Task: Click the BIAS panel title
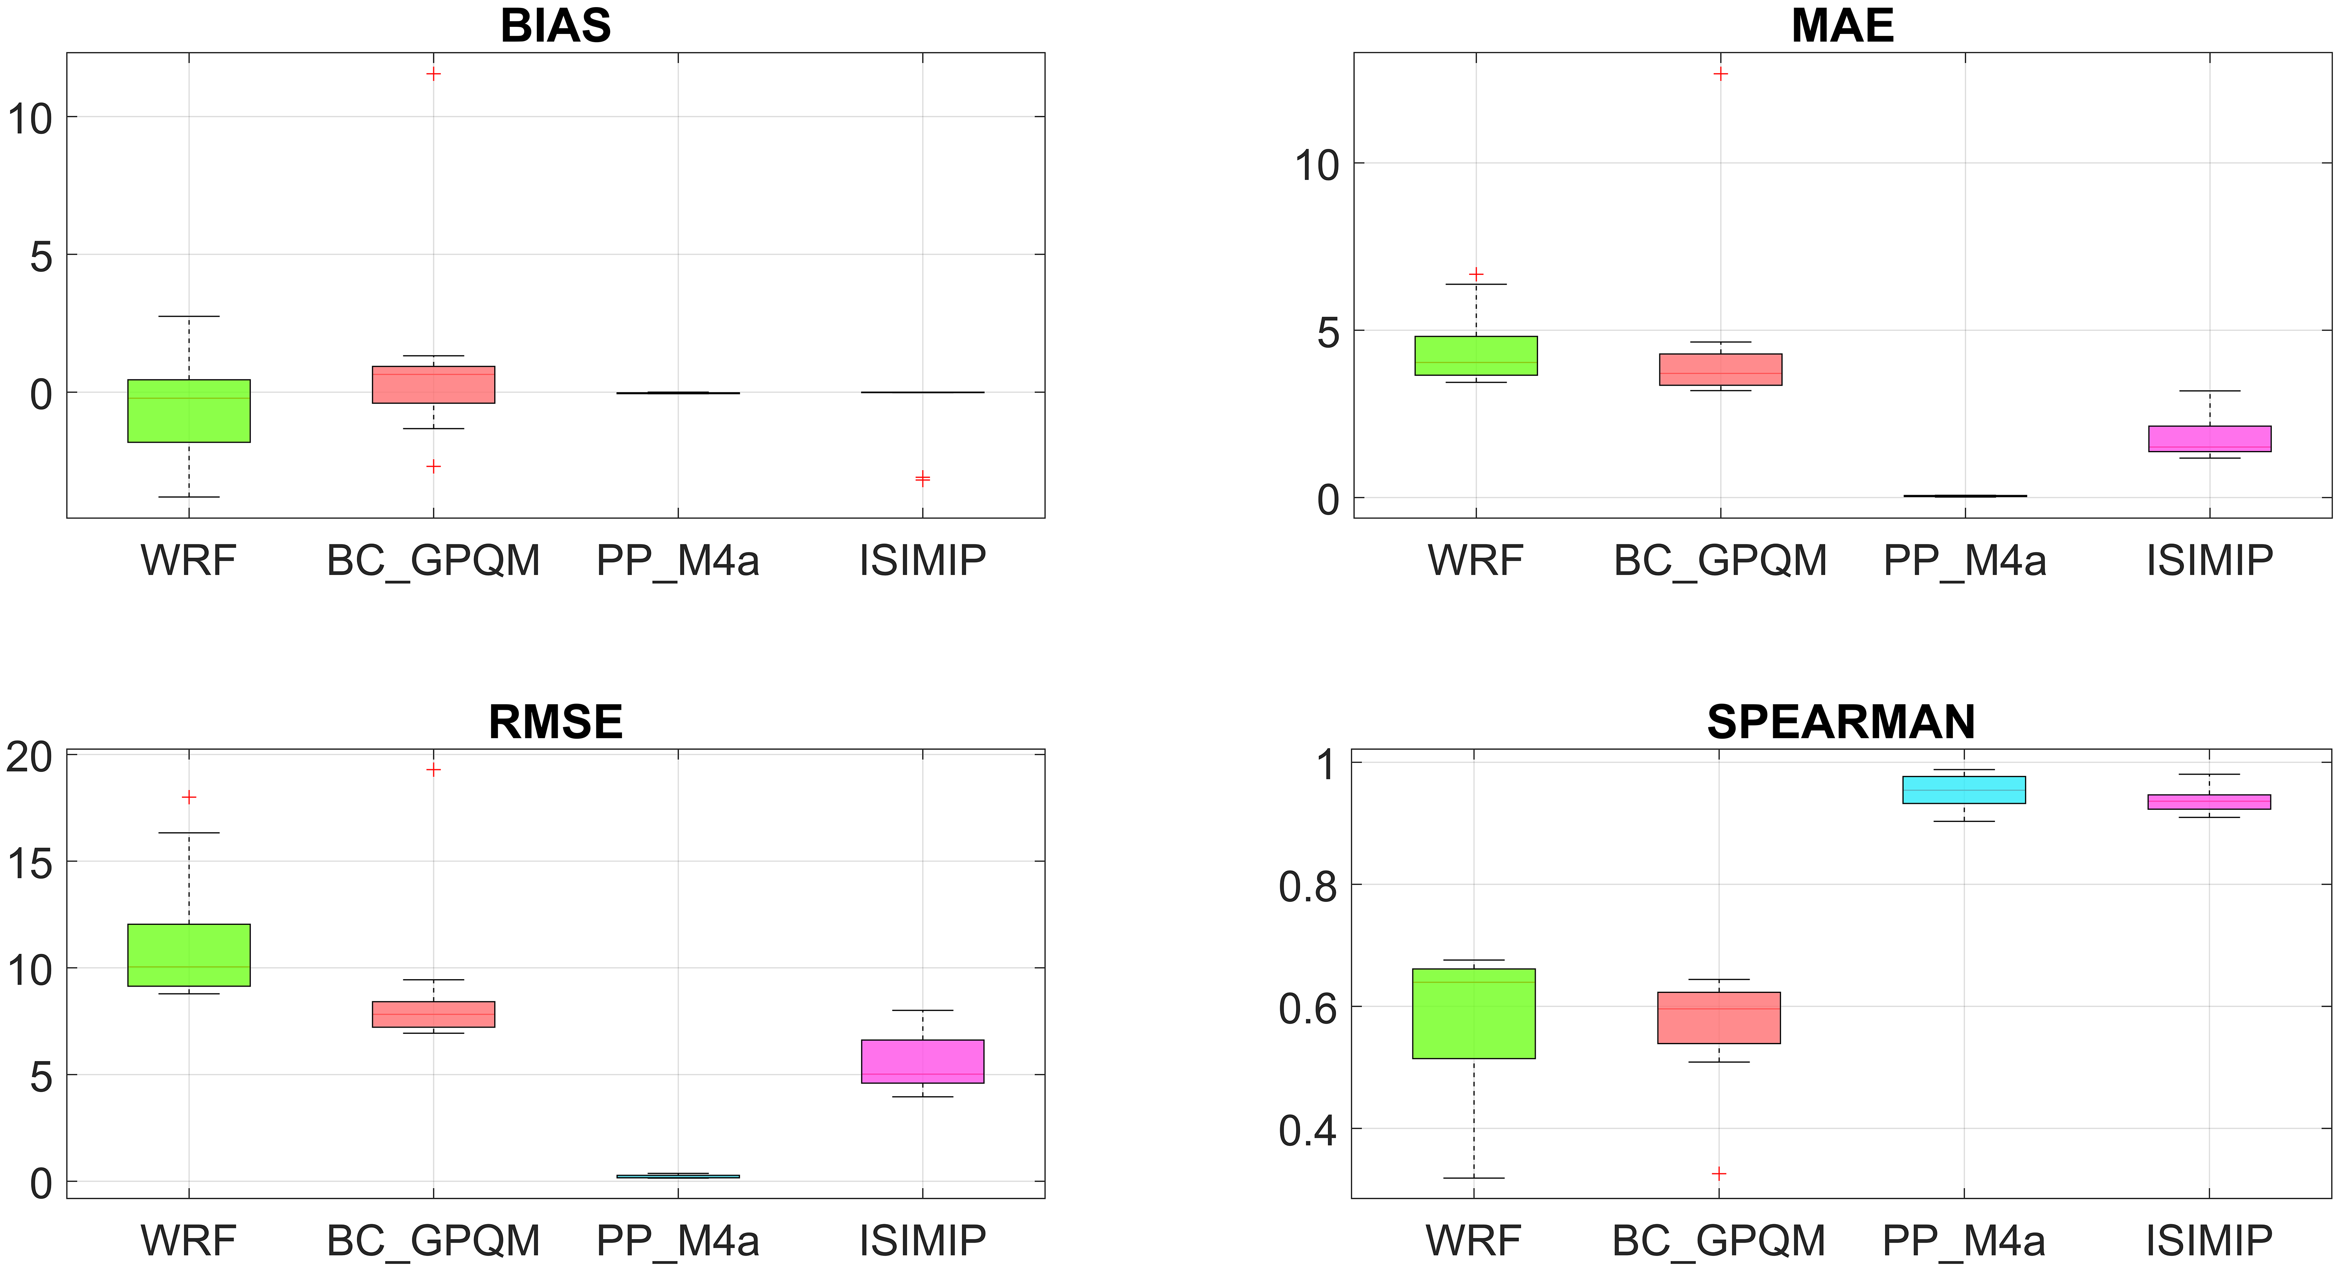tap(555, 26)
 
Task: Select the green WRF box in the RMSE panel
tap(189, 955)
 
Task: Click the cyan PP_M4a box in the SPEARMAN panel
tap(1964, 789)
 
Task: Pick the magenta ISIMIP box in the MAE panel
tap(2209, 439)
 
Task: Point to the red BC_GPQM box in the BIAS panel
tap(433, 384)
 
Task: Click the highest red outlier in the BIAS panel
tap(433, 74)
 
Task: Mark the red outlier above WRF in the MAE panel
tap(1476, 273)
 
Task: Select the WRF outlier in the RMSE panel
tap(189, 797)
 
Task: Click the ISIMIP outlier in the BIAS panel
tap(922, 479)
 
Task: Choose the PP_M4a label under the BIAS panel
tap(677, 560)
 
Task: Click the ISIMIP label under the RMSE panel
tap(922, 1240)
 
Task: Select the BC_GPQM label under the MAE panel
tap(1720, 560)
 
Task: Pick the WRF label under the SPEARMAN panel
tap(1473, 1240)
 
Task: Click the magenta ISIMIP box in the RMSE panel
tap(922, 1061)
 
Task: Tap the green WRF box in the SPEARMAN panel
tap(1473, 1013)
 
